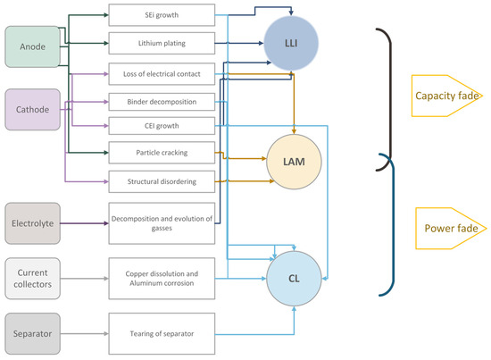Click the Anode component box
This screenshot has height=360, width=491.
click(32, 46)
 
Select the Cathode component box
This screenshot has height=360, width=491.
click(32, 109)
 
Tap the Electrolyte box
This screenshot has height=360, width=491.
click(32, 223)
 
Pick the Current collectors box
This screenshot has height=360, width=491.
click(32, 279)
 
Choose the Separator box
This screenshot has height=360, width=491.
click(32, 334)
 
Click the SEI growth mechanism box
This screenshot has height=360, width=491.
click(162, 15)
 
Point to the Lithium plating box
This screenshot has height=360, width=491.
click(162, 43)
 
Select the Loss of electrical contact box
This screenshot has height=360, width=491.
click(162, 74)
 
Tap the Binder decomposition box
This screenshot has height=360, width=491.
click(162, 102)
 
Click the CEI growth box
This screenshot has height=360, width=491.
click(162, 126)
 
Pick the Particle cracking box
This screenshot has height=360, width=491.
click(162, 153)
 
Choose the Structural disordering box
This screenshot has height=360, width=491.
click(162, 181)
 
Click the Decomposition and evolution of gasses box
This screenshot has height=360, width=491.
click(162, 223)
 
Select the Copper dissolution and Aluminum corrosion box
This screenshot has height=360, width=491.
click(162, 279)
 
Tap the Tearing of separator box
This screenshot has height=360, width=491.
click(162, 334)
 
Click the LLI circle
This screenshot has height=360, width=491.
click(291, 43)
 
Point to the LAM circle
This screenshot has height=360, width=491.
click(294, 162)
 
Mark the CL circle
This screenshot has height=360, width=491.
click(294, 279)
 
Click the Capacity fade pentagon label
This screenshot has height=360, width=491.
click(447, 96)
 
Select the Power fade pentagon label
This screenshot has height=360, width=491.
click(451, 229)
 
